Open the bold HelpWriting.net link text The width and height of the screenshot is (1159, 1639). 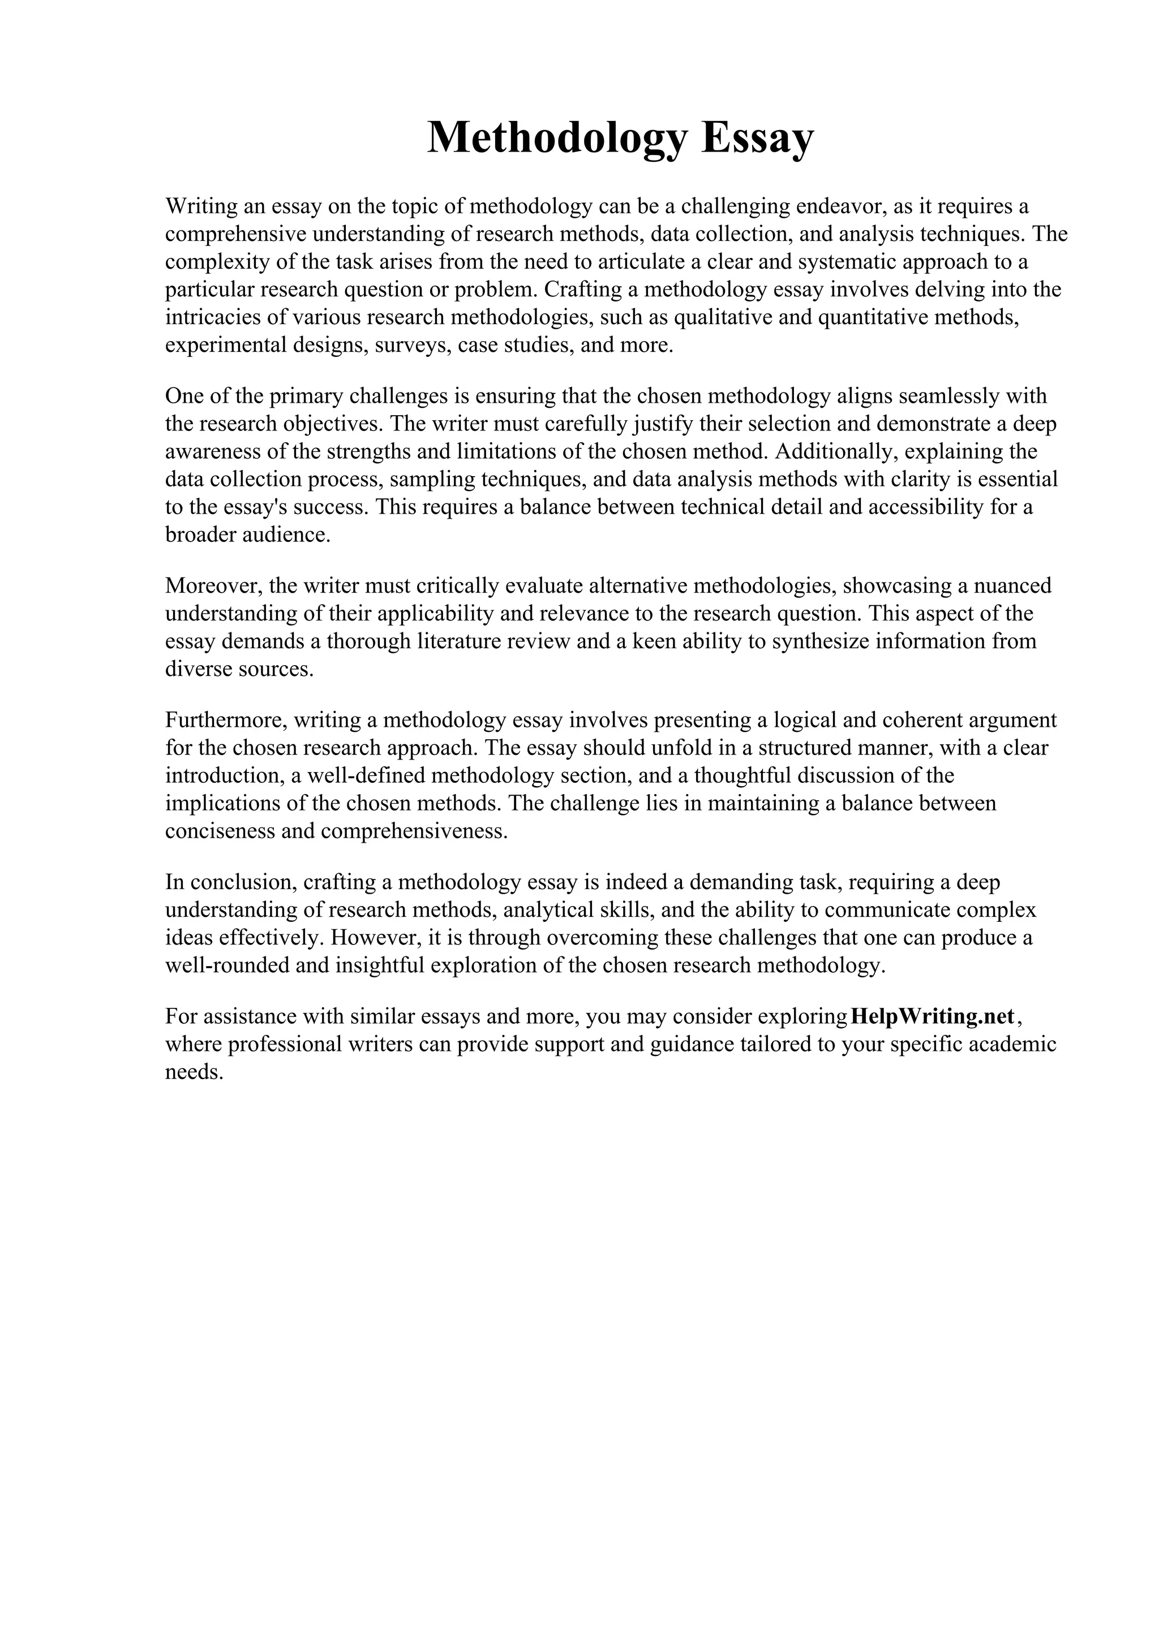(933, 1016)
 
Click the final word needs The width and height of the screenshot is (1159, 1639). (194, 1072)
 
